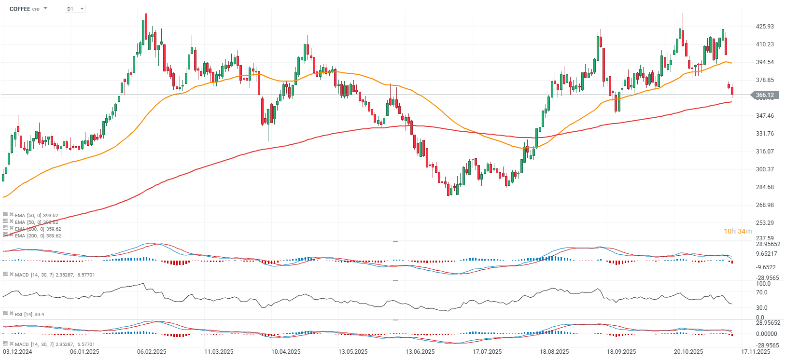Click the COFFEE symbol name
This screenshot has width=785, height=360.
click(x=20, y=9)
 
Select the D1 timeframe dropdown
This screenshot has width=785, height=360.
click(x=75, y=9)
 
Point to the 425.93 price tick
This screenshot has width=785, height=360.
click(x=765, y=27)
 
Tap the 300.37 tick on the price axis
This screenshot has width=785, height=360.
click(x=765, y=169)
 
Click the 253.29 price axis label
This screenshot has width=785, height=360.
click(x=765, y=223)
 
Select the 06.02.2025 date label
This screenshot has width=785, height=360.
click(x=152, y=352)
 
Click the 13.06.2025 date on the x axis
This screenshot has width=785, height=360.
click(x=420, y=352)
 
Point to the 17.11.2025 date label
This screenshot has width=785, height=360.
click(x=756, y=352)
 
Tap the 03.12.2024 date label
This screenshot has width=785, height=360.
click(x=17, y=352)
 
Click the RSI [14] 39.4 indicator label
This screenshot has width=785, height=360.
click(x=29, y=315)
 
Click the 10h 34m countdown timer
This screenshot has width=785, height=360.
click(x=738, y=231)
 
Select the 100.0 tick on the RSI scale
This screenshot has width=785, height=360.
click(x=763, y=284)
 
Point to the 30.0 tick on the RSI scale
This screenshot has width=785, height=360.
click(x=762, y=308)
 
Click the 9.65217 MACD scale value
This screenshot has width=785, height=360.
click(x=767, y=254)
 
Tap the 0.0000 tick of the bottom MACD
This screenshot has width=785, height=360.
click(x=767, y=334)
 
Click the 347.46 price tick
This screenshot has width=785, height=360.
click(x=765, y=116)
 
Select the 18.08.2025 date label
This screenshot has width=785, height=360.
click(x=554, y=352)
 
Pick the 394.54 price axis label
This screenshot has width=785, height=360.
click(x=765, y=62)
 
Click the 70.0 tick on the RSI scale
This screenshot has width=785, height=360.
click(x=762, y=292)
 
